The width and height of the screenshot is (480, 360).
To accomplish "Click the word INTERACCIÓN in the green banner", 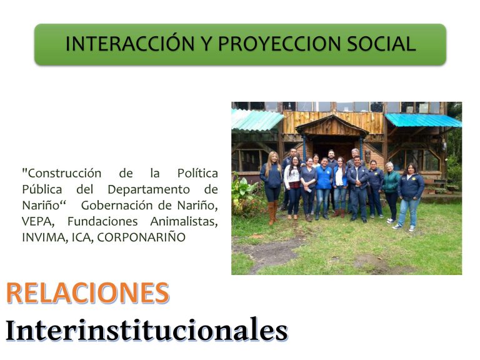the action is [130, 44].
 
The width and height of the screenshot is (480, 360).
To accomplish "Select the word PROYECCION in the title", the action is [279, 44].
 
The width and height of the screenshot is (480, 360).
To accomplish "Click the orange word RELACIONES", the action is [87, 292].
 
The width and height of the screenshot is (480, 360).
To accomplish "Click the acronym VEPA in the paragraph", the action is [38, 221].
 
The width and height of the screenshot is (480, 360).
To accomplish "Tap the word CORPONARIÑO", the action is [141, 237].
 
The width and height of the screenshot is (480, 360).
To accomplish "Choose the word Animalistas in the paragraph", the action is [184, 221].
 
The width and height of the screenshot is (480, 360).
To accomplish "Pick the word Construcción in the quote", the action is [61, 174].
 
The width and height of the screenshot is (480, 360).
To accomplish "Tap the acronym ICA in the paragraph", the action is [82, 237].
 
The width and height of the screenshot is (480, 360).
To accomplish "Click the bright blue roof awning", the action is [423, 120].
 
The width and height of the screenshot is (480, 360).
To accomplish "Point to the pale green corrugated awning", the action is [256, 120].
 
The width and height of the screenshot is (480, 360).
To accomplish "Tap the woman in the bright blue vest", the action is [323, 187].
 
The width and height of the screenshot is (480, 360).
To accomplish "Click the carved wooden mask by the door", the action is [367, 156].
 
